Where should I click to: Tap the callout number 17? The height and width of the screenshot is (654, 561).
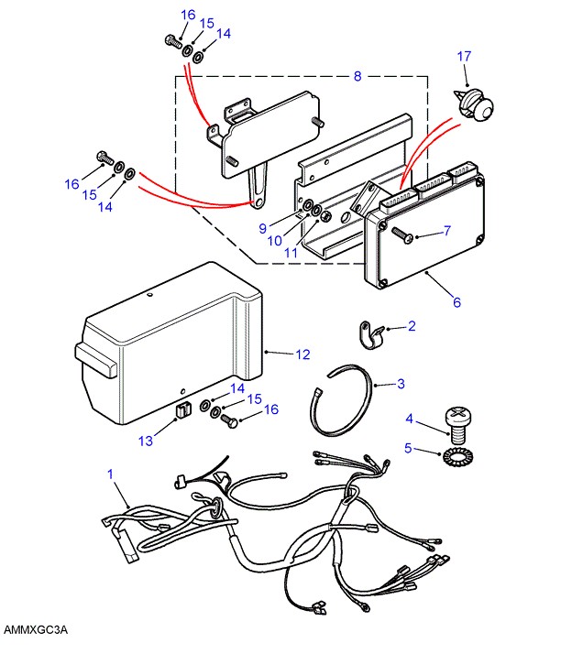point(464,57)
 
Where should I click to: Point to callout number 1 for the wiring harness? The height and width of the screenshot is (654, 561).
point(110,474)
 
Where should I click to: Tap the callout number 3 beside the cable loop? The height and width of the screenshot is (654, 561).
point(401,384)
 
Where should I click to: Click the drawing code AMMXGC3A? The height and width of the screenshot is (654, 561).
point(36,631)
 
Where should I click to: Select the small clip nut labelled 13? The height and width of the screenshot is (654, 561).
point(181,409)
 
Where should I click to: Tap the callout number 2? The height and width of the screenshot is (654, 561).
point(412,325)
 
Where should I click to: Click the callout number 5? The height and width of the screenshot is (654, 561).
point(411,448)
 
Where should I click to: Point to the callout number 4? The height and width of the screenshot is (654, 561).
point(411,420)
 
